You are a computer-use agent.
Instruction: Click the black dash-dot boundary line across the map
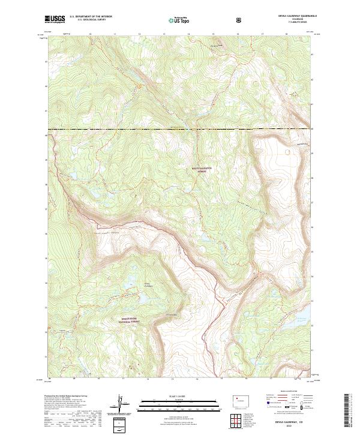coord(180,129)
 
